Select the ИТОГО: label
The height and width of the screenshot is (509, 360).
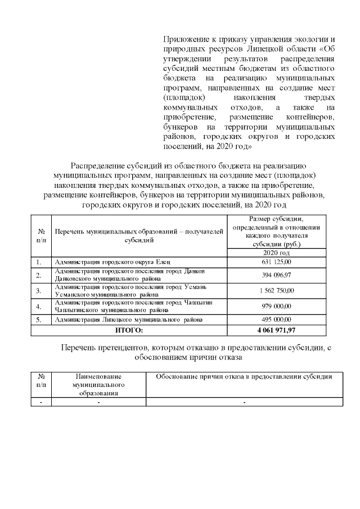click(129, 330)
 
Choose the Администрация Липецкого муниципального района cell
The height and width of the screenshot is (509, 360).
click(120, 319)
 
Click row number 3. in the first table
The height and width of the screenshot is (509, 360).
click(39, 291)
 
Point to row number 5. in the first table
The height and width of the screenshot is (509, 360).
click(39, 319)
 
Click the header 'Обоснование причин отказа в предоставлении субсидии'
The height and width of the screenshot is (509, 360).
click(244, 377)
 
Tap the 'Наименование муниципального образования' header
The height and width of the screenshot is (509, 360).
click(98, 385)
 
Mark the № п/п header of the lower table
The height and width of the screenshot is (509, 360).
click(40, 381)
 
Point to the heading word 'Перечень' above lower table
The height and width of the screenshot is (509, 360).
click(78, 348)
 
